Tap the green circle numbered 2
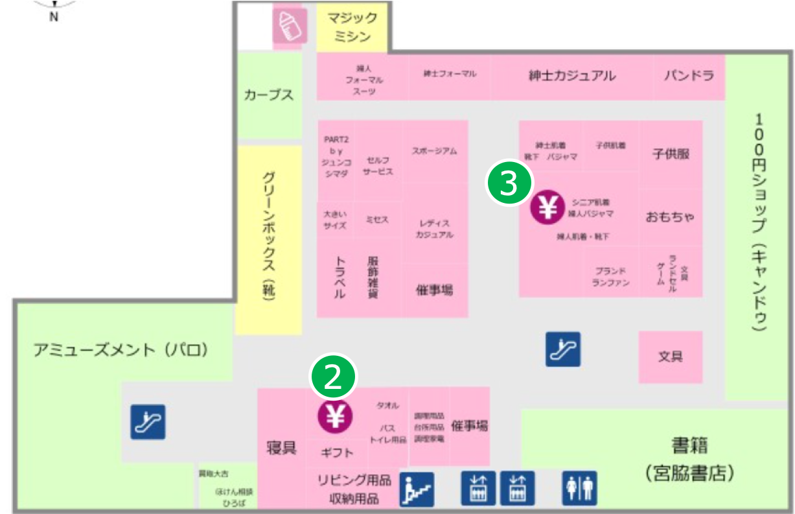tap(334, 376)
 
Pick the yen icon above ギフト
tap(335, 416)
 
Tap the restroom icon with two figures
tap(579, 488)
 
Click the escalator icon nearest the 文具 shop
tap(562, 349)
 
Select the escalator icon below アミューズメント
tap(148, 422)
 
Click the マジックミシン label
tap(352, 27)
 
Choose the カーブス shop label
tap(269, 95)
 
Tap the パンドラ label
tap(689, 76)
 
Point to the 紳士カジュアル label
tap(572, 76)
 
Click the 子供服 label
tap(671, 154)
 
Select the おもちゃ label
tap(670, 216)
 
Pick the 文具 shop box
tap(671, 356)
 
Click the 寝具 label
tap(282, 447)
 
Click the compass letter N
tap(54, 18)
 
